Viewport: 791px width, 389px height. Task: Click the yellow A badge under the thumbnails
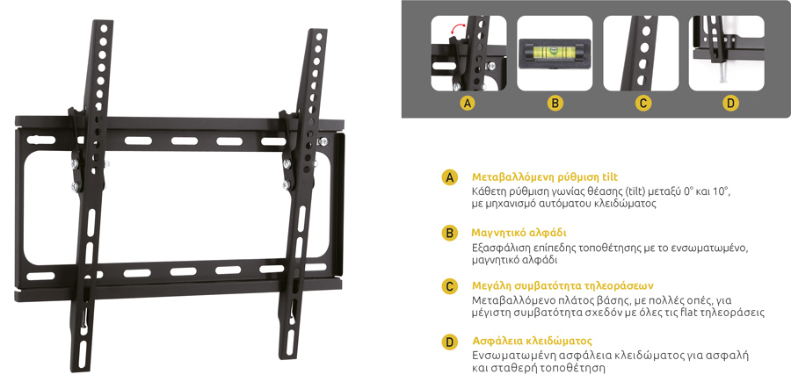[x=468, y=104]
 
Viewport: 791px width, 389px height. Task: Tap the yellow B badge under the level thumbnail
[x=555, y=104]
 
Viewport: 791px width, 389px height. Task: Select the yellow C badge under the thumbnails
[x=643, y=104]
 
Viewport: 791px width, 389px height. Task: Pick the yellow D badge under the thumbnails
[x=730, y=104]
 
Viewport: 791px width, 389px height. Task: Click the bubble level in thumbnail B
[x=555, y=52]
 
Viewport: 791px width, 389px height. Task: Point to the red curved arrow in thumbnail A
[x=459, y=30]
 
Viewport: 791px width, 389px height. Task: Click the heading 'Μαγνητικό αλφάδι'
[x=519, y=234]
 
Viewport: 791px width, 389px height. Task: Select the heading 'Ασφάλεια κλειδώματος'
[x=533, y=341]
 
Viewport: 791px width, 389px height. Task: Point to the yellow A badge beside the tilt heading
[x=449, y=177]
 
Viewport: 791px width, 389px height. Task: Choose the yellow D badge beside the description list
[x=449, y=342]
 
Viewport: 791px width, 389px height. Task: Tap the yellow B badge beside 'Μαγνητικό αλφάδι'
[x=449, y=233]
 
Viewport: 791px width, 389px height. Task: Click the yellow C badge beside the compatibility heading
[x=449, y=287]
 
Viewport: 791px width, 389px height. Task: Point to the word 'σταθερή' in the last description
[x=516, y=368]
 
